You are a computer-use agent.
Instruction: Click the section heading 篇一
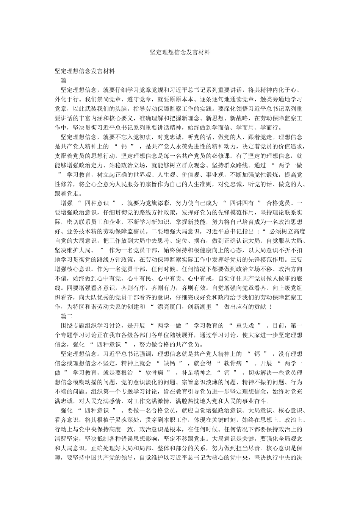(x=66, y=80)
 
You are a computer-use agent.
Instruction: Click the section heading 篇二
(x=66, y=316)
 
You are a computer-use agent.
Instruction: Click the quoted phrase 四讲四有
(x=243, y=203)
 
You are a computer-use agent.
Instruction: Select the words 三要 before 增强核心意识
(x=296, y=260)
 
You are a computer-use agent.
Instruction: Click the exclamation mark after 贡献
(x=271, y=307)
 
